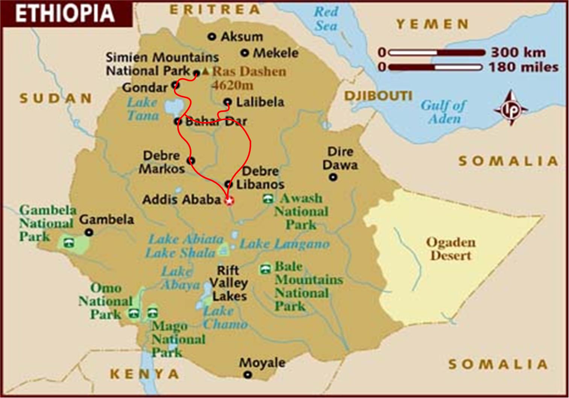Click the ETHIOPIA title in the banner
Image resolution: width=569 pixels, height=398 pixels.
coord(65,13)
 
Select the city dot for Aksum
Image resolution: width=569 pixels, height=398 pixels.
coord(212,36)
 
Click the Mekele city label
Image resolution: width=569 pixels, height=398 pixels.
coord(276,53)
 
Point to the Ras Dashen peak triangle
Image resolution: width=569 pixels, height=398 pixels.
coord(205,71)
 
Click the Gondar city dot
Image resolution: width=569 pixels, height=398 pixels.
coord(174,85)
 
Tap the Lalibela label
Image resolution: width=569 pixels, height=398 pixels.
coord(260,102)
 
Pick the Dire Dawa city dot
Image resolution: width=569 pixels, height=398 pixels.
coord(333,177)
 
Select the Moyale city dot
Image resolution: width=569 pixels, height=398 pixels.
coord(247,374)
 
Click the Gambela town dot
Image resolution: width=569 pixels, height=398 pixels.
coord(89,233)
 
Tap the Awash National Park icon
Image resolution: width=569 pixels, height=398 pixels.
coord(268,199)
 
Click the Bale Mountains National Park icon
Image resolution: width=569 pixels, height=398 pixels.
coord(265,269)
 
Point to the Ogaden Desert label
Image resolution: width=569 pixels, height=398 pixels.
coord(451,249)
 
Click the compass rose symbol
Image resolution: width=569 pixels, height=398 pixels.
coord(511,108)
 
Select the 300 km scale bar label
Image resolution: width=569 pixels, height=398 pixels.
coord(518,52)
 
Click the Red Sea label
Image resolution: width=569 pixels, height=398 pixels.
coord(326,19)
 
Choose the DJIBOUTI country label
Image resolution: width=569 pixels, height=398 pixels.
coord(378,96)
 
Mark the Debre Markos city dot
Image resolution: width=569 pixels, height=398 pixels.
coord(191,161)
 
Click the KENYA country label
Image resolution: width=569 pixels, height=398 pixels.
coord(145,374)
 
